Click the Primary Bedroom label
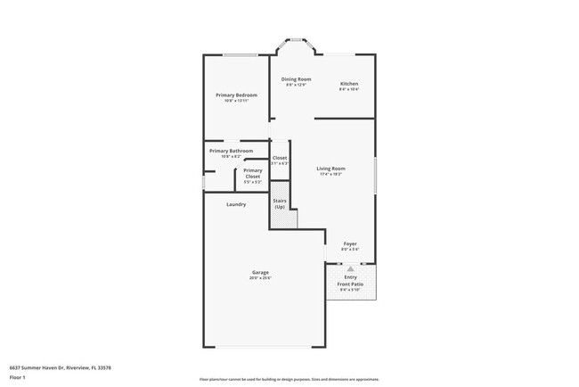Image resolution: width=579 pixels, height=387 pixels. (x=236, y=95)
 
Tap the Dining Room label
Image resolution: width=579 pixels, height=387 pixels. (x=295, y=79)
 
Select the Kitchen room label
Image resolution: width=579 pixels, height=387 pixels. (x=348, y=84)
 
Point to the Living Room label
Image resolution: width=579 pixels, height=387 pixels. (x=330, y=168)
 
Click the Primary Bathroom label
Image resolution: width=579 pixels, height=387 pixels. (x=231, y=151)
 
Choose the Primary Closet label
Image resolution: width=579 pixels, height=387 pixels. (x=252, y=173)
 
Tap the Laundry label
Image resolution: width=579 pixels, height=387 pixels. (x=236, y=204)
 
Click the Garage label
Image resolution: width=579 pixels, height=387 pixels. (x=260, y=272)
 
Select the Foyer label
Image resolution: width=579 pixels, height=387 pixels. (x=350, y=243)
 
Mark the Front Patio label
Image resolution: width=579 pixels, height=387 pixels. (x=350, y=284)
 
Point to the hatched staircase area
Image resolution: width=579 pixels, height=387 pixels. (x=284, y=219)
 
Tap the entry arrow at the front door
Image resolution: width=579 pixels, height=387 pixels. (x=350, y=268)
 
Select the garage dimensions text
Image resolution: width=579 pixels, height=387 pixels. (x=260, y=278)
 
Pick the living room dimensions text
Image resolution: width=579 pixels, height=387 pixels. (x=330, y=174)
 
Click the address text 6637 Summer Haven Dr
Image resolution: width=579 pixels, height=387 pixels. (x=61, y=366)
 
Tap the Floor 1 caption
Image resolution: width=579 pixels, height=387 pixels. (x=19, y=377)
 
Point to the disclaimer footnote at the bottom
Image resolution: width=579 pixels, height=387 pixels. (x=289, y=378)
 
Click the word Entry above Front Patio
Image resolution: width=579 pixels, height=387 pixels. (x=350, y=277)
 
